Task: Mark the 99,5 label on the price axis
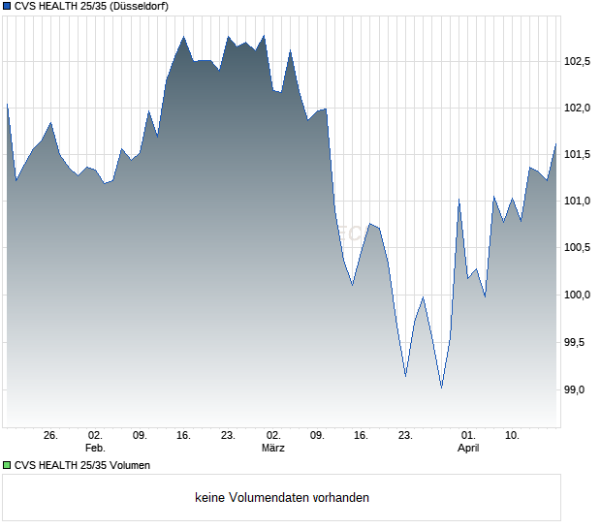point(579,342)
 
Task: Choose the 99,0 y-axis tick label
point(579,389)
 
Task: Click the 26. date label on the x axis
point(51,436)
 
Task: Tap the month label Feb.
point(95,449)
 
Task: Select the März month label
point(273,449)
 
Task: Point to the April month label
point(468,449)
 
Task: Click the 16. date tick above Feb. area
point(183,436)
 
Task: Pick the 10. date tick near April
point(513,436)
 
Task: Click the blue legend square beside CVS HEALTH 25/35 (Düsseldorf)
point(7,7)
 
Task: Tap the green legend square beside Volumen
point(7,465)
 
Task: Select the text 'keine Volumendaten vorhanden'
point(281,498)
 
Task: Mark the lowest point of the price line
point(441,388)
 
